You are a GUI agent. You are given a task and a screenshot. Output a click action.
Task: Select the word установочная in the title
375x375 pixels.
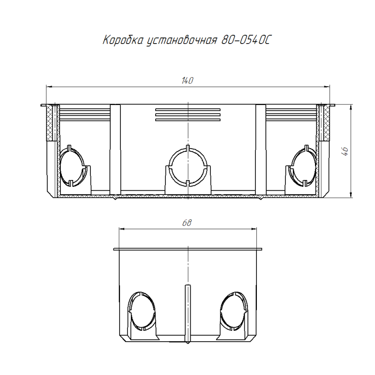click(x=182, y=40)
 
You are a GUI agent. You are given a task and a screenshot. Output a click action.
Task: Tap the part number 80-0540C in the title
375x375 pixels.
click(x=246, y=40)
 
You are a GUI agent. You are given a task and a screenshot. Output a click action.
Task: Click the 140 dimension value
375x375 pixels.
click(x=187, y=81)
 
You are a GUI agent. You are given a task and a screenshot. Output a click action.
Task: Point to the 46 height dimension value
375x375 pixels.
click(x=345, y=151)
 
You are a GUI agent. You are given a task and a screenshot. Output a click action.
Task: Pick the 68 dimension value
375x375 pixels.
click(x=187, y=223)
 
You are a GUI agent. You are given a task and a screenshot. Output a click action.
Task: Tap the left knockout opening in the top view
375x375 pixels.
click(x=72, y=166)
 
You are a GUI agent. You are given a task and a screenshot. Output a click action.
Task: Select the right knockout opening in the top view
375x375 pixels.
click(x=303, y=166)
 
